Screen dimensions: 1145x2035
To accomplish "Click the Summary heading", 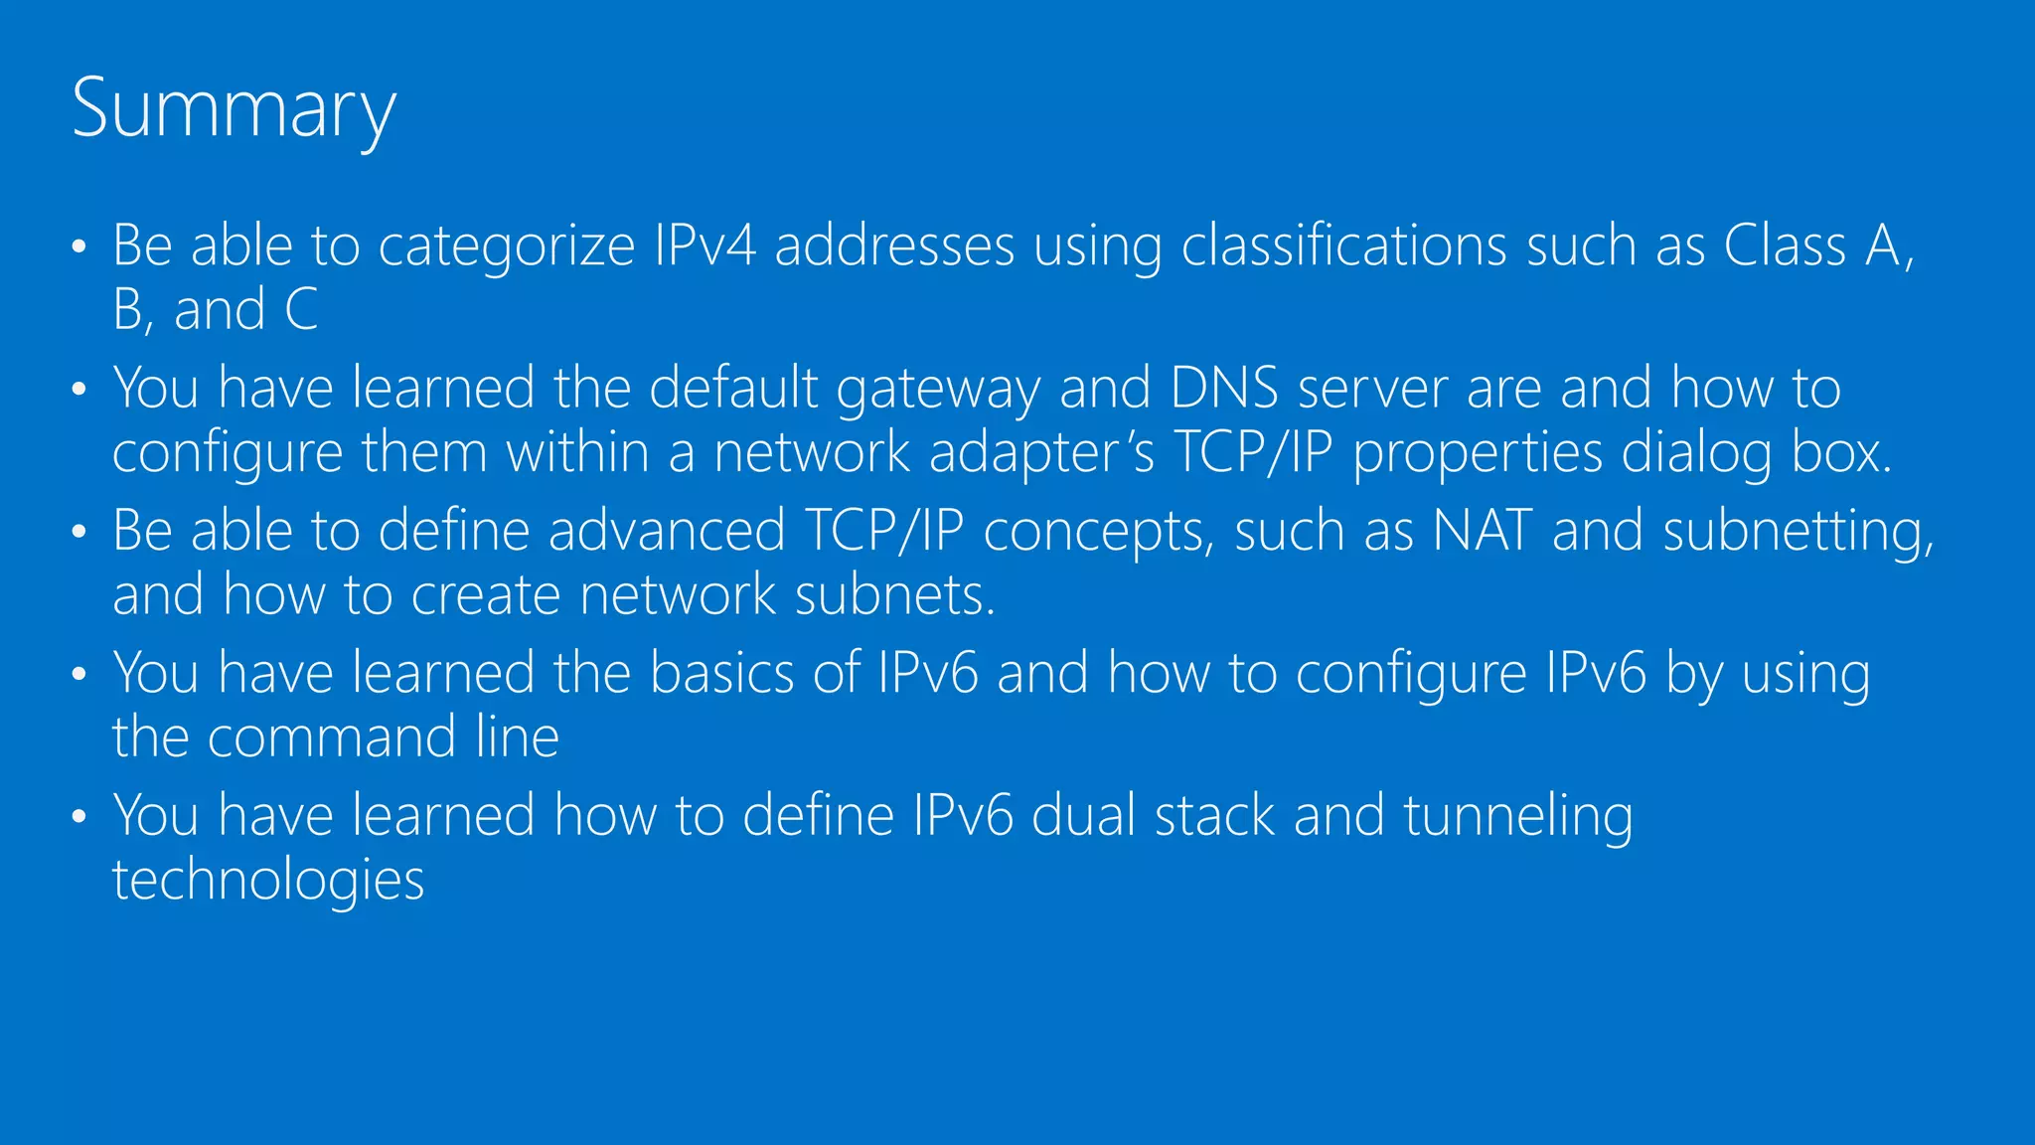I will tap(234, 109).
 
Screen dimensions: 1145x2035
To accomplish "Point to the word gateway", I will tap(938, 389).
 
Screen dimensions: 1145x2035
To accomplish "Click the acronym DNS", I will tap(1224, 388).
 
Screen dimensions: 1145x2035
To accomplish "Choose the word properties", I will tap(1478, 454).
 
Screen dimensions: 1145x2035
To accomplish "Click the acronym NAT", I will tap(1482, 531).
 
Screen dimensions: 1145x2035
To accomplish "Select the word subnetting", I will tap(1799, 532).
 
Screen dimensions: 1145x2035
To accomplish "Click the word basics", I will tap(721, 673).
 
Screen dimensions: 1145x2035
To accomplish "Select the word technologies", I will tap(268, 881).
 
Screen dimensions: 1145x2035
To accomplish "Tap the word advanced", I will tap(667, 531).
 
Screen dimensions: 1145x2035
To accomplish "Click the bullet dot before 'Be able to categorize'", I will tap(79, 247).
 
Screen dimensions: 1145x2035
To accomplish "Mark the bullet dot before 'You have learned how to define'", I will tap(79, 818).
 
